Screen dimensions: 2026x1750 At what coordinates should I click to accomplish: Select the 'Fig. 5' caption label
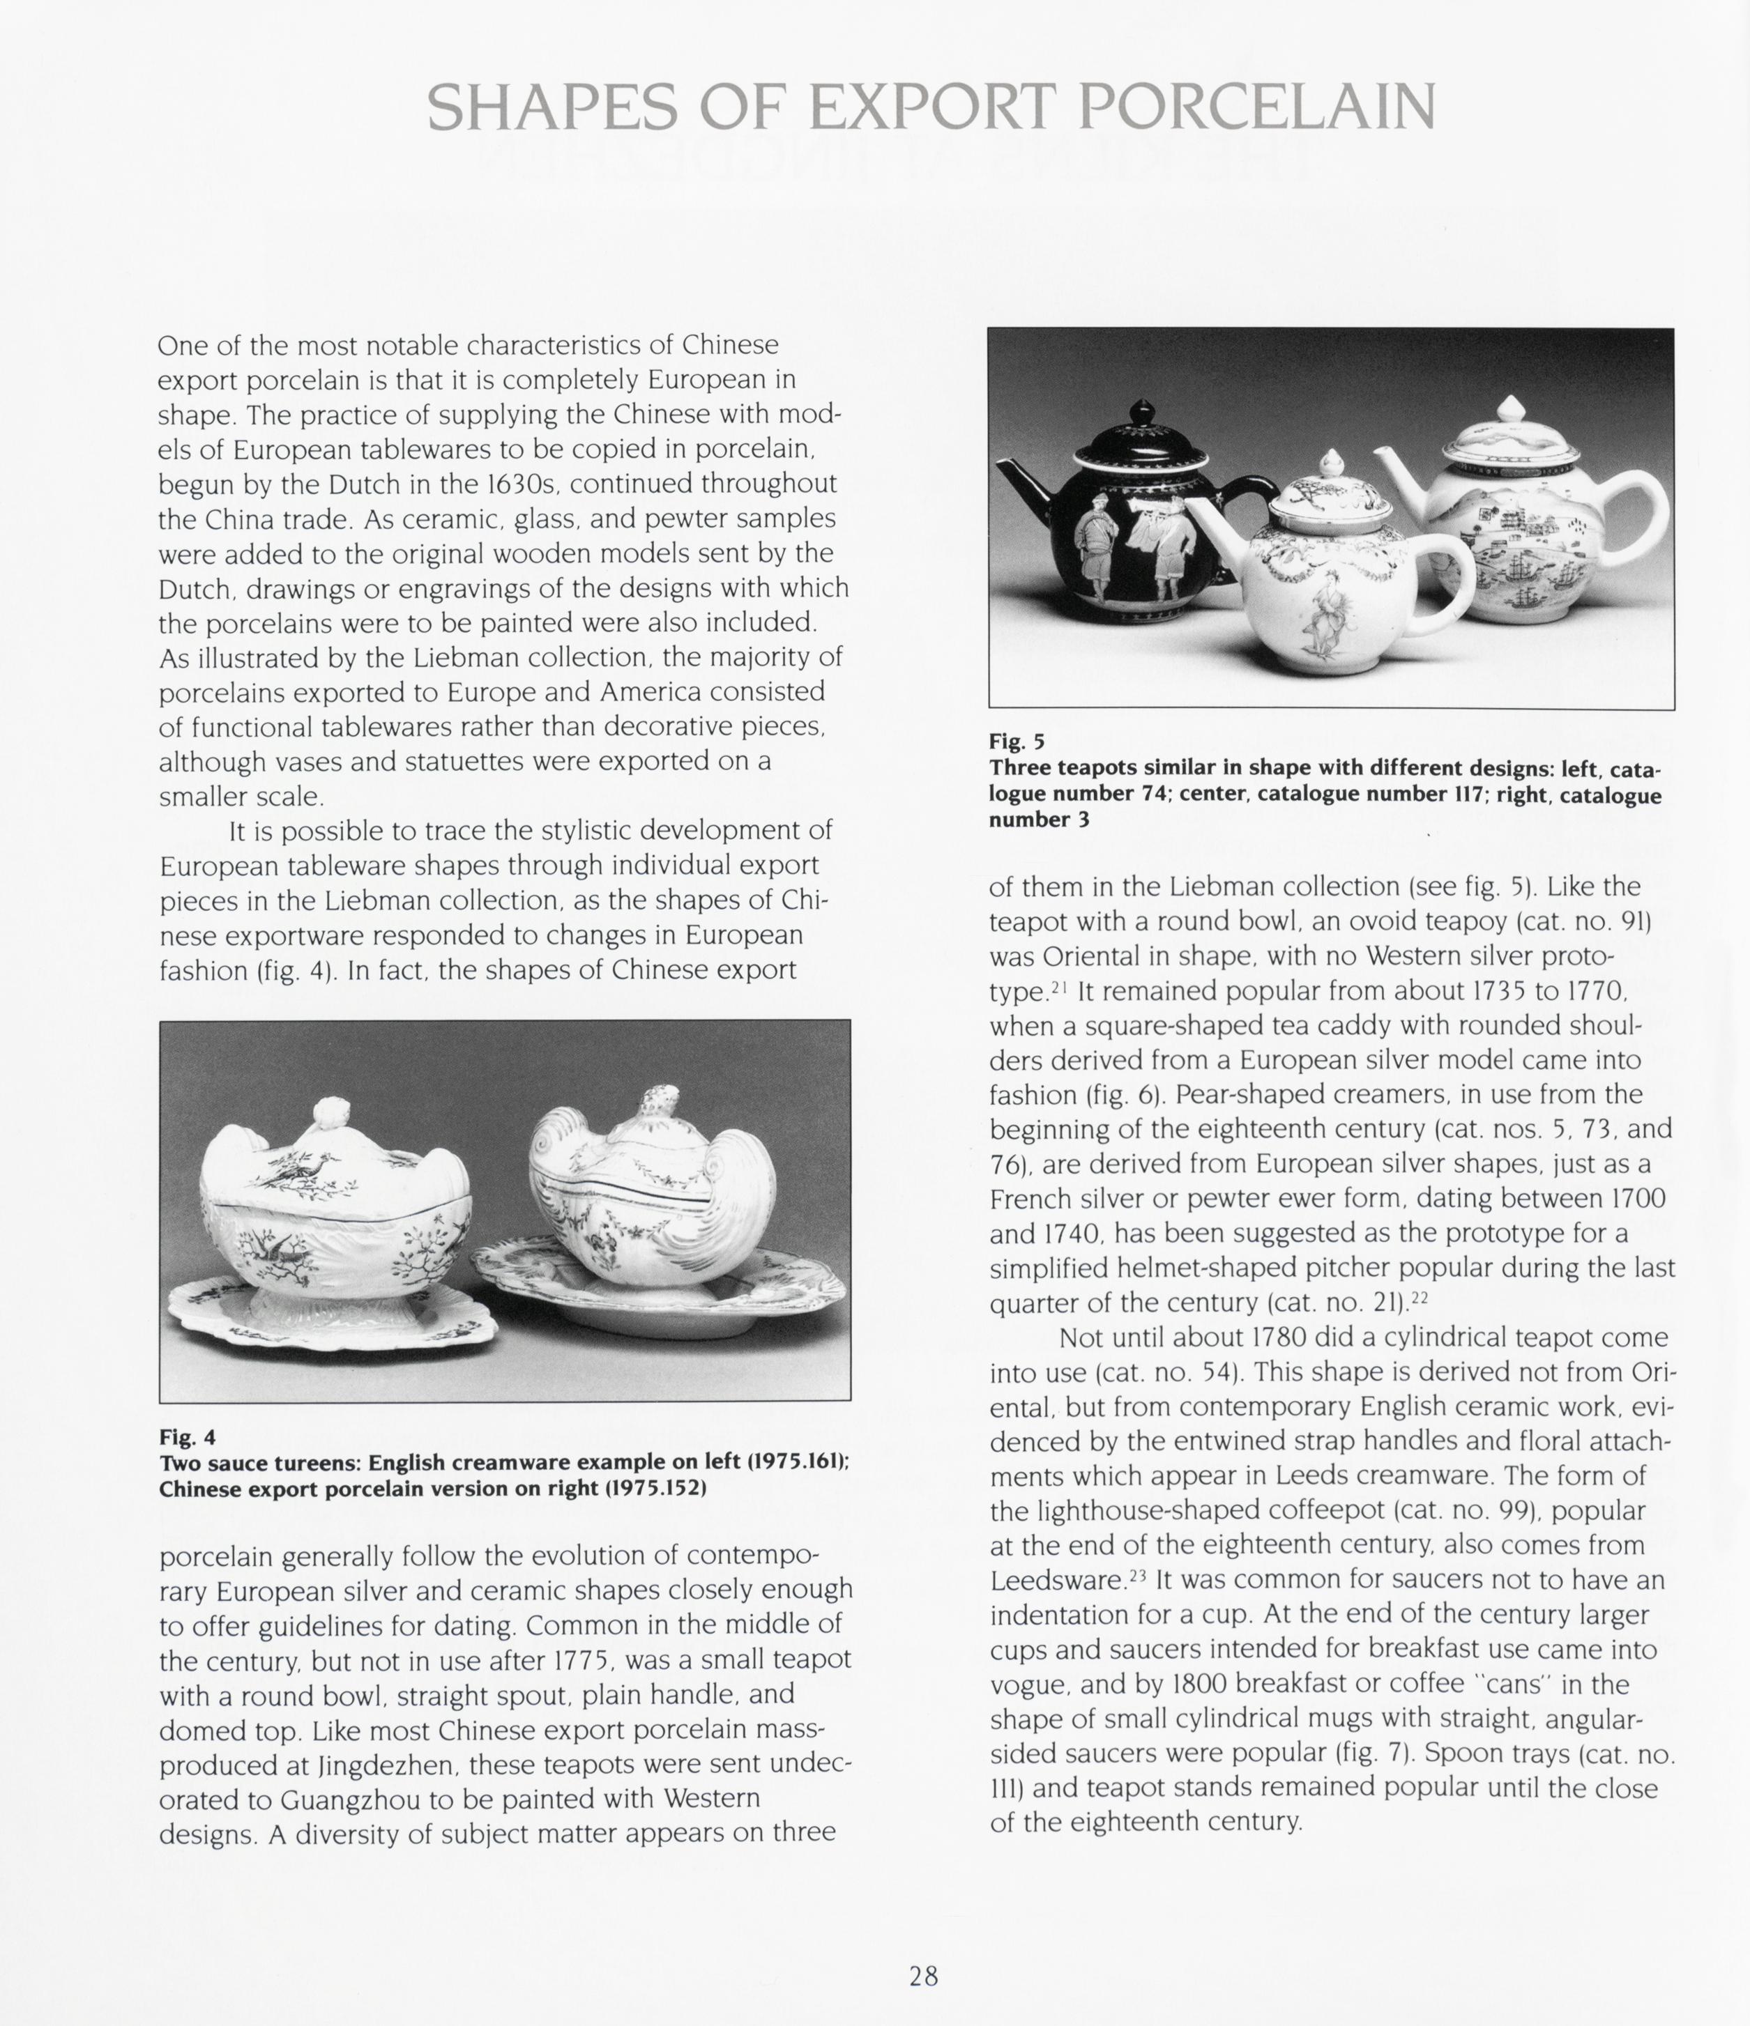point(1017,741)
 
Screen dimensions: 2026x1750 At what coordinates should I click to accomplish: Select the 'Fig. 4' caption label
point(187,1436)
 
